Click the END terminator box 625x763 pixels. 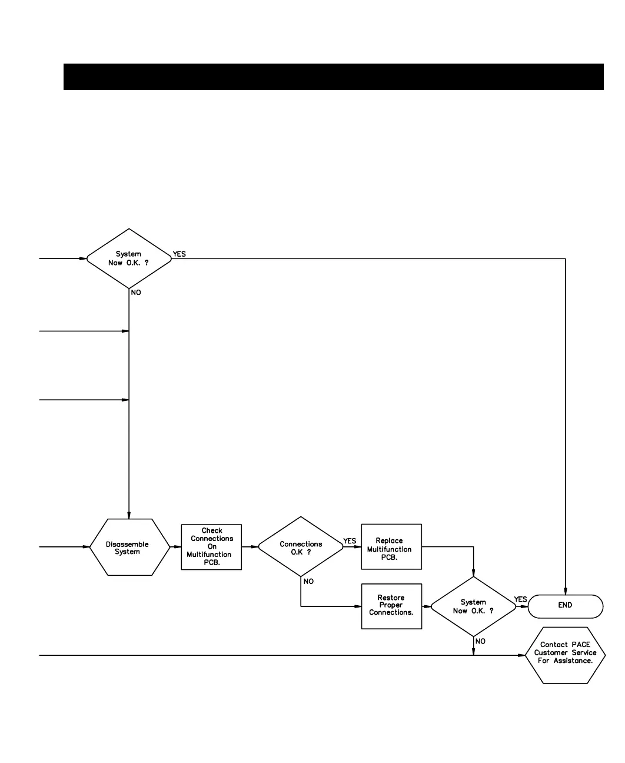[565, 606]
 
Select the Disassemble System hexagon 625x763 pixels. [129, 548]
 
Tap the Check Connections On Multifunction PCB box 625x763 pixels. [211, 547]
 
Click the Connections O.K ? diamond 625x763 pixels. [301, 547]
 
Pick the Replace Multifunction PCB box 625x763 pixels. [391, 547]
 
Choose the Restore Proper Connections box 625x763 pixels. [391, 606]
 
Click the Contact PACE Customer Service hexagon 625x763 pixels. [565, 654]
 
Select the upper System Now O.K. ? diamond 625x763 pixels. [129, 258]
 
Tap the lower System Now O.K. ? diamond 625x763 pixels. [473, 606]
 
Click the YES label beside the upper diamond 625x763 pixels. [179, 254]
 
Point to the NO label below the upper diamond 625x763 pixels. [136, 293]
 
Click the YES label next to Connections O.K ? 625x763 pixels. [350, 541]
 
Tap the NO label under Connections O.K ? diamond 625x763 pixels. [308, 582]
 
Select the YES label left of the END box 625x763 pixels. [520, 600]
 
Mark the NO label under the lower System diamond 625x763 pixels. [480, 642]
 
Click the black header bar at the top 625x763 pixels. [333, 77]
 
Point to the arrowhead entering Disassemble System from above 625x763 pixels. [129, 515]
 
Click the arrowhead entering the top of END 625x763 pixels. [566, 591]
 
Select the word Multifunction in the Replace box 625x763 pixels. [390, 549]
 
